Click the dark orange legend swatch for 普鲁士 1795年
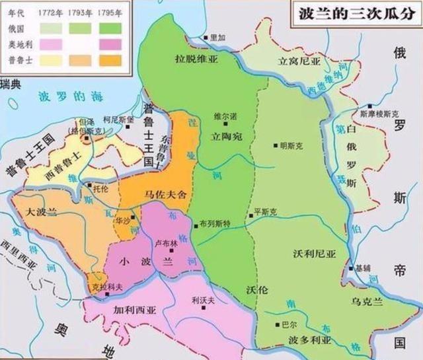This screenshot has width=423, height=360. click(111, 60)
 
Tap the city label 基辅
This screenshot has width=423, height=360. click(364, 269)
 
